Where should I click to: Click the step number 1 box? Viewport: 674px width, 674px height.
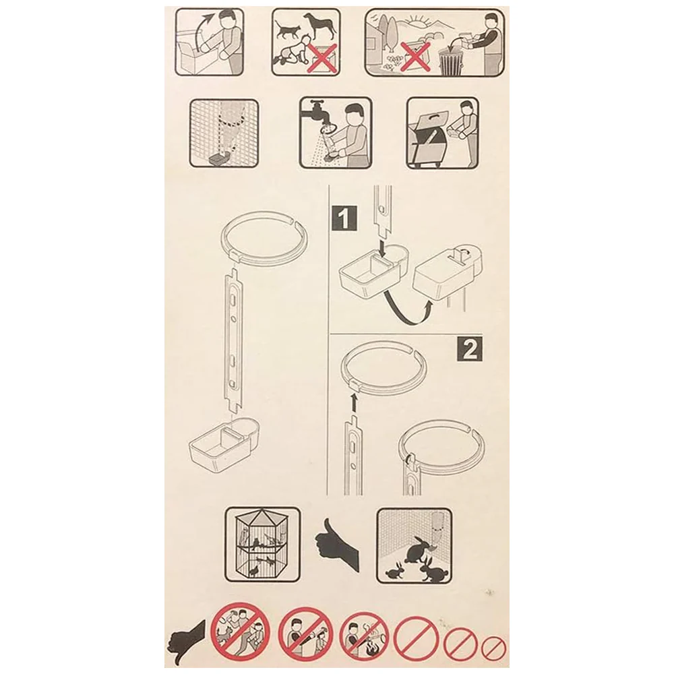(344, 218)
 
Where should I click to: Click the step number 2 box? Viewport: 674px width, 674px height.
(469, 348)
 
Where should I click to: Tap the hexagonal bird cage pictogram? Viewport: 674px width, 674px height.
(263, 545)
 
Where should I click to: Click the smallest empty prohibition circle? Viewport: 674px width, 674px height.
(493, 648)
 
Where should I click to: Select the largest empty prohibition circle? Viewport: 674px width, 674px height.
(416, 638)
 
